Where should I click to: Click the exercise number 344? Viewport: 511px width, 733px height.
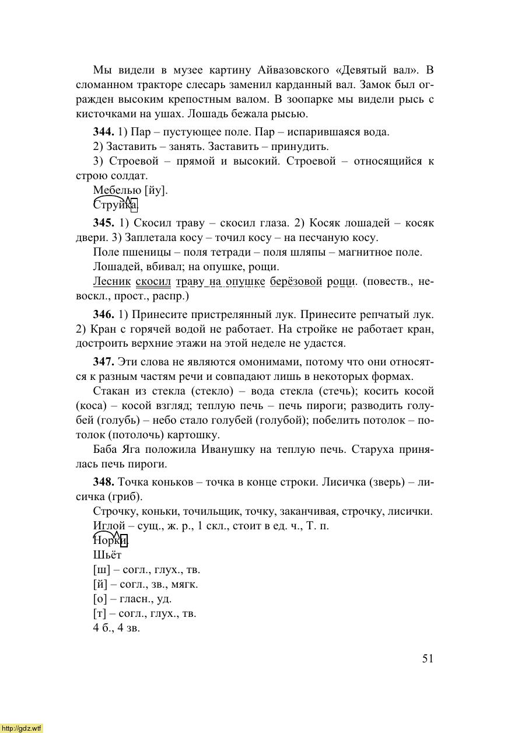(x=103, y=131)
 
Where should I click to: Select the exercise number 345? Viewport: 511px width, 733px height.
(x=103, y=223)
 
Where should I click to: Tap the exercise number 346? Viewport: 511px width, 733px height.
(x=103, y=315)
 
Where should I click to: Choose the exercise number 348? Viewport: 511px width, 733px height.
(x=103, y=482)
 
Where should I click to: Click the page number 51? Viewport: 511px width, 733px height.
(x=428, y=658)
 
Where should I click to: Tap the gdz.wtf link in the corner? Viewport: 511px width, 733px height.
(x=22, y=728)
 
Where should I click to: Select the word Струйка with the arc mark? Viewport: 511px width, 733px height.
(x=115, y=205)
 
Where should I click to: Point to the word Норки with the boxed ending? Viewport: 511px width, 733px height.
(x=110, y=540)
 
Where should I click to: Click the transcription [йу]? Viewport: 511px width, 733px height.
(x=156, y=190)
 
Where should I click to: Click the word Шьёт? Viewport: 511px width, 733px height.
(x=107, y=555)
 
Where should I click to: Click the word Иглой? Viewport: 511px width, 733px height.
(x=109, y=526)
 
